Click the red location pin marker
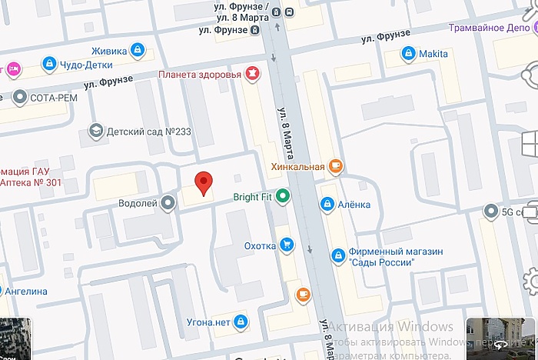tap(203, 182)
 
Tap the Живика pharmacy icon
tap(137, 51)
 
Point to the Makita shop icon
tap(408, 54)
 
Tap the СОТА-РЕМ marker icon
tap(20, 98)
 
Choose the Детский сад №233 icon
tap(95, 132)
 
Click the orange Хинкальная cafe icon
tap(335, 165)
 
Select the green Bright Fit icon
tap(283, 197)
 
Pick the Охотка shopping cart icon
tap(287, 245)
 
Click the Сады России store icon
tap(337, 255)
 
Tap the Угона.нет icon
tap(240, 320)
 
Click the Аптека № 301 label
tap(31, 182)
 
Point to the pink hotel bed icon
tap(12, 68)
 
